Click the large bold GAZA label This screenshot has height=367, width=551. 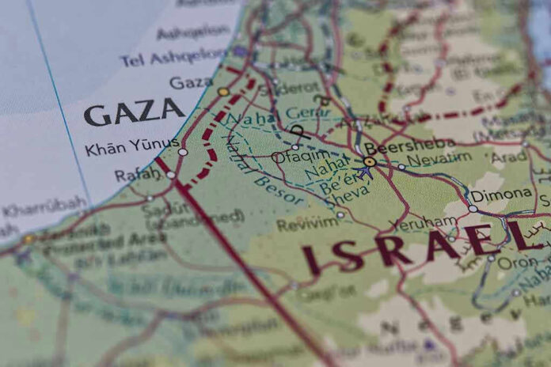click(134, 113)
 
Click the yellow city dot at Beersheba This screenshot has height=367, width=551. click(370, 161)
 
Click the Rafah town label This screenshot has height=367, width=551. click(136, 174)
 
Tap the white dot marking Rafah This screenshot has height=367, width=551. click(170, 175)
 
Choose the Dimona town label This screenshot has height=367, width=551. click(500, 194)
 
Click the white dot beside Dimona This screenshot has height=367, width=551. click(473, 209)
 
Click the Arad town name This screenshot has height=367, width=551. click(508, 157)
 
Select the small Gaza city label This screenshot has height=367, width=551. click(191, 82)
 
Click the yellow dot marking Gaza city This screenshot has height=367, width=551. click(223, 92)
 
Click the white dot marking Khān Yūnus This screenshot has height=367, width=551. click(183, 151)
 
